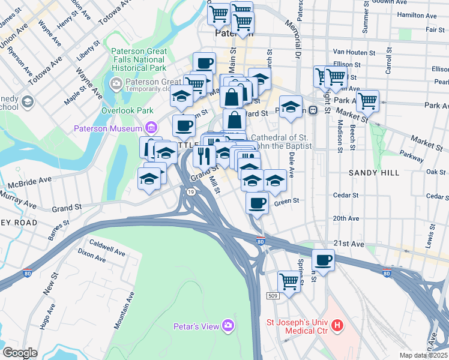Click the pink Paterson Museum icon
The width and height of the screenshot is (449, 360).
pyautogui.click(x=150, y=127)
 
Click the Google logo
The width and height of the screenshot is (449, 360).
pyautogui.click(x=20, y=352)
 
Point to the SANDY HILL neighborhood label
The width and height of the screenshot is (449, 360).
pyautogui.click(x=374, y=173)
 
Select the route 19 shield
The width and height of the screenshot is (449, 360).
pyautogui.click(x=190, y=192)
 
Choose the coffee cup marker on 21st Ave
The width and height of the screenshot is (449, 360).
pyautogui.click(x=324, y=260)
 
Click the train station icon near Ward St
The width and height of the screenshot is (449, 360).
pyautogui.click(x=313, y=110)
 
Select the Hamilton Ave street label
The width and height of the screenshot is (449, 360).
pyautogui.click(x=420, y=14)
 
